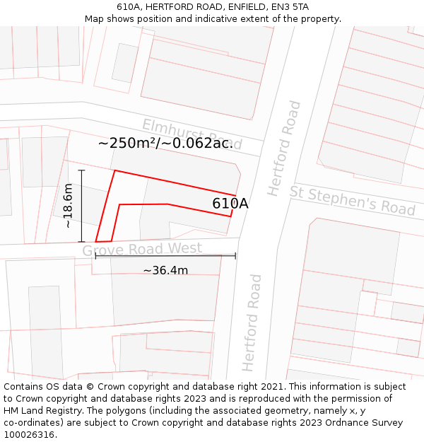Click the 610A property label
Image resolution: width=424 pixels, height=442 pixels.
coord(230,204)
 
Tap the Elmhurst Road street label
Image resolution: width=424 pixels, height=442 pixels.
coord(192,135)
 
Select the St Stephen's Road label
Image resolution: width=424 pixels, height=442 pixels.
coord(352,199)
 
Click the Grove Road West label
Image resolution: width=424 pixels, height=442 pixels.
coord(142,250)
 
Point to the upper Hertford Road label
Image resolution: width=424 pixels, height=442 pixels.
coord(284,149)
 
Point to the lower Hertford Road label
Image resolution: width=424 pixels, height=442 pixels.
coord(252,322)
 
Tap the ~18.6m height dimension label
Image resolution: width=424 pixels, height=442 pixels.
coord(68,206)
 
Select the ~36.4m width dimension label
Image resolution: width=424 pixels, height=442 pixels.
coord(165,270)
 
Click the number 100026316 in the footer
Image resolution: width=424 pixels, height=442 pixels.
coord(30,435)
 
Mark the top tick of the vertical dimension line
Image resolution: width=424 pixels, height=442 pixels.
coord(82,170)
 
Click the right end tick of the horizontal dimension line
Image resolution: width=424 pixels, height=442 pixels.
coord(235,256)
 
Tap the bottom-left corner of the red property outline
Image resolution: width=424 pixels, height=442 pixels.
coord(96,242)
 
